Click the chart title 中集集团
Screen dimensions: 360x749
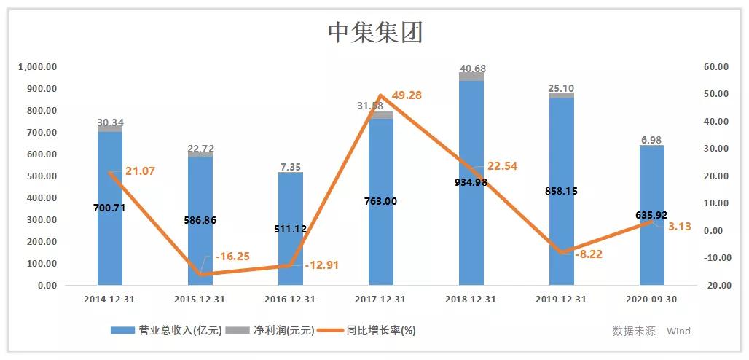pyautogui.click(x=374, y=31)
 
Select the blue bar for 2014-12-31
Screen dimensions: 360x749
pyautogui.click(x=110, y=240)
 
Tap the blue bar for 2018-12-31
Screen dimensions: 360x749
pyautogui.click(x=471, y=233)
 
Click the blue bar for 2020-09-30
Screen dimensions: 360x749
pyautogui.click(x=652, y=248)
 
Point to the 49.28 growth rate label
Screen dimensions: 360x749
pyautogui.click(x=407, y=95)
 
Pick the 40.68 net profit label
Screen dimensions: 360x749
pyautogui.click(x=472, y=69)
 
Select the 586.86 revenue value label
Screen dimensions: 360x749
pyautogui.click(x=200, y=220)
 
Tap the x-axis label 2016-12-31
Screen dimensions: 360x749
pyautogui.click(x=291, y=299)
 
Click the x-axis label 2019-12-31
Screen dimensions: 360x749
pyautogui.click(x=562, y=299)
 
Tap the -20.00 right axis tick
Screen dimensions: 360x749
pyautogui.click(x=715, y=286)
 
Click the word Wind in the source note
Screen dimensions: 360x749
pyautogui.click(x=678, y=331)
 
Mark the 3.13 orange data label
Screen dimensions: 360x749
pyautogui.click(x=679, y=227)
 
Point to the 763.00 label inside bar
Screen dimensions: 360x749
pyautogui.click(x=380, y=201)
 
